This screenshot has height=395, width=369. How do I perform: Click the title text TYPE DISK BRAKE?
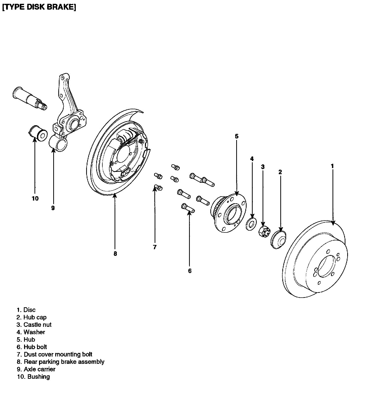(39, 7)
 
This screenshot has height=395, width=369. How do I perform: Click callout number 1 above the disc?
(332, 166)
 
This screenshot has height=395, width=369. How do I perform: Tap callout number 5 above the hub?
(236, 136)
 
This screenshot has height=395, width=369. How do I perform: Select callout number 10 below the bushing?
(35, 198)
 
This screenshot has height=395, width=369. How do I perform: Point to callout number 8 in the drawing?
(115, 254)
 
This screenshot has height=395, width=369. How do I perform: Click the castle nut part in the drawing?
(264, 231)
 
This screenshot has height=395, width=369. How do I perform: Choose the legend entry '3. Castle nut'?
(34, 325)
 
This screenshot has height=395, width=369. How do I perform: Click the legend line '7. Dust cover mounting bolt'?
(54, 354)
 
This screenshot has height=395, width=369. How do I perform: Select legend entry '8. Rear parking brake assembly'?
(61, 362)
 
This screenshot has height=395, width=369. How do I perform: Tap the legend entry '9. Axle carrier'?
(36, 369)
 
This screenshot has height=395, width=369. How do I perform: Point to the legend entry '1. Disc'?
(26, 310)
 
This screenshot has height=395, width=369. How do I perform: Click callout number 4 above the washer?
(252, 159)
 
